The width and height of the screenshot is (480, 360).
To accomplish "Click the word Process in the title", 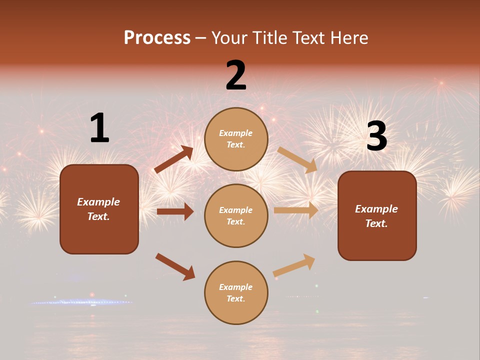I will [x=157, y=38].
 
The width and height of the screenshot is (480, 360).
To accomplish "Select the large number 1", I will [x=99, y=128].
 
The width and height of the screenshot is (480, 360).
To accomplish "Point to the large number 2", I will [x=236, y=75].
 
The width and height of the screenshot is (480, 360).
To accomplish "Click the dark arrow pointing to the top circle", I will [x=174, y=159].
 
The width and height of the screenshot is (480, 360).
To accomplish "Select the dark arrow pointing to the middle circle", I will [x=175, y=211].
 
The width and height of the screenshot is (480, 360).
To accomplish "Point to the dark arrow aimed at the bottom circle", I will [x=175, y=266].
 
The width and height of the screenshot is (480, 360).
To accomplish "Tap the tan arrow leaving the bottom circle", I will [x=294, y=265].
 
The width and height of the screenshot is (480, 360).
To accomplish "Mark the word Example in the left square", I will [x=98, y=202].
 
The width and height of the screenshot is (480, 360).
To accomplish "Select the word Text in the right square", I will [x=376, y=223].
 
